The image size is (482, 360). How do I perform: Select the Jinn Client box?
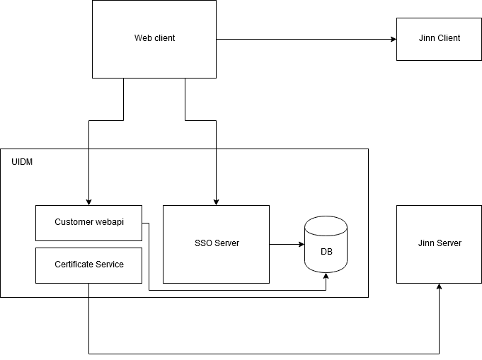click(x=439, y=38)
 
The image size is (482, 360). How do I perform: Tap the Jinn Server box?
click(x=439, y=243)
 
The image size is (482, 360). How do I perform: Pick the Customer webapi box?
click(x=88, y=222)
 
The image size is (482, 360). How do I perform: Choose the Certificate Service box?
click(x=88, y=265)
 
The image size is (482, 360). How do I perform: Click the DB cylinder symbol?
click(x=326, y=244)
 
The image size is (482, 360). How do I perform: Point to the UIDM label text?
click(x=22, y=162)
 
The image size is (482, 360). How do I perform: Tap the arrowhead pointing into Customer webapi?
click(x=88, y=201)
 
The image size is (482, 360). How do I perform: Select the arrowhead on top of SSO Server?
click(x=216, y=201)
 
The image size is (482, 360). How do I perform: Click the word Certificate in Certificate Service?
click(x=73, y=265)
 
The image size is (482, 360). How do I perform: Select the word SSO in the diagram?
click(x=204, y=243)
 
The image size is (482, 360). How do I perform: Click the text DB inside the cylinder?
click(x=326, y=252)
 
